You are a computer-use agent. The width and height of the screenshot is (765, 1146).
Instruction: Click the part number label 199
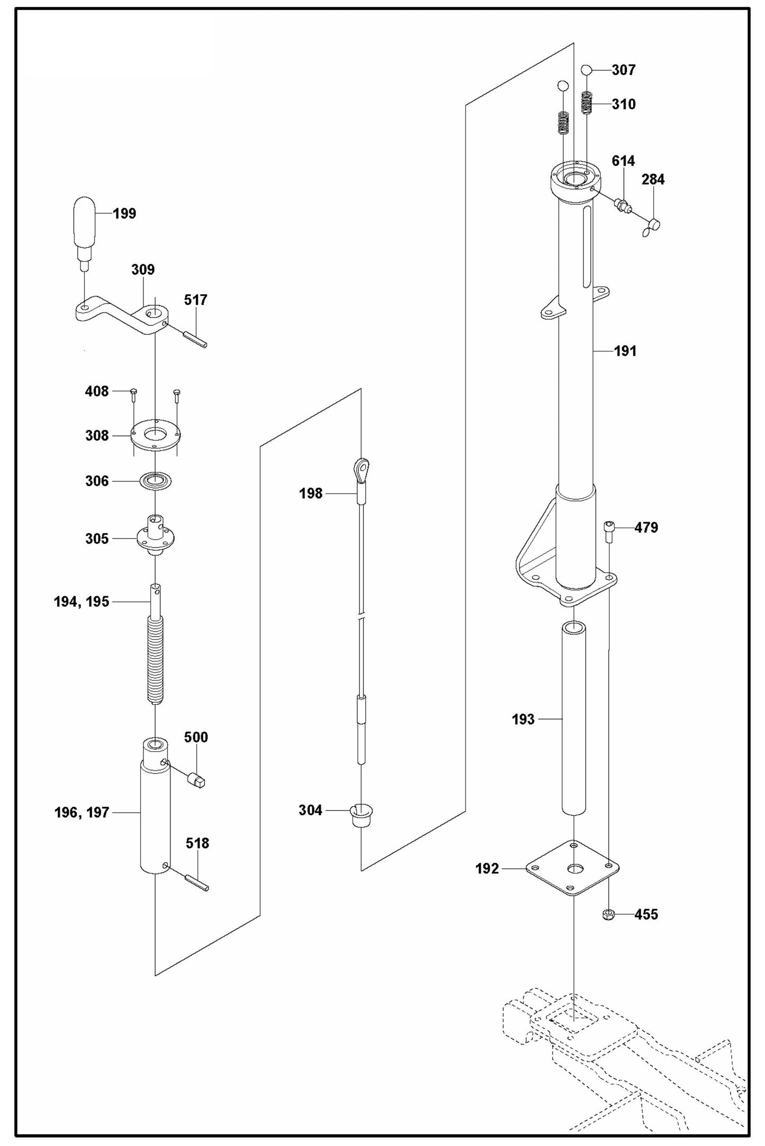tap(124, 214)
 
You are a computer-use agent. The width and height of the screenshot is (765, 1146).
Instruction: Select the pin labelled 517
tap(195, 339)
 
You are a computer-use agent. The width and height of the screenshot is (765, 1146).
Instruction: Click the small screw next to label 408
tap(133, 392)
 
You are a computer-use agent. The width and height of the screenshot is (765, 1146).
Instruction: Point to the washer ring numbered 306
tap(156, 481)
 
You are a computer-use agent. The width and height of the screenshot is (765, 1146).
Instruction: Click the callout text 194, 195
tap(82, 602)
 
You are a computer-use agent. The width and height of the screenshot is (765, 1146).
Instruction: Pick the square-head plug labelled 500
tap(196, 780)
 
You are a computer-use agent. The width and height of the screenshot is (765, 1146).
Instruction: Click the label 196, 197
tap(82, 813)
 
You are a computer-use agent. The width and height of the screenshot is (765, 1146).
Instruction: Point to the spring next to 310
tap(587, 103)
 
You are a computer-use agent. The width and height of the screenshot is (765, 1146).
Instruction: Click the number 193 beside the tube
tap(523, 720)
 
